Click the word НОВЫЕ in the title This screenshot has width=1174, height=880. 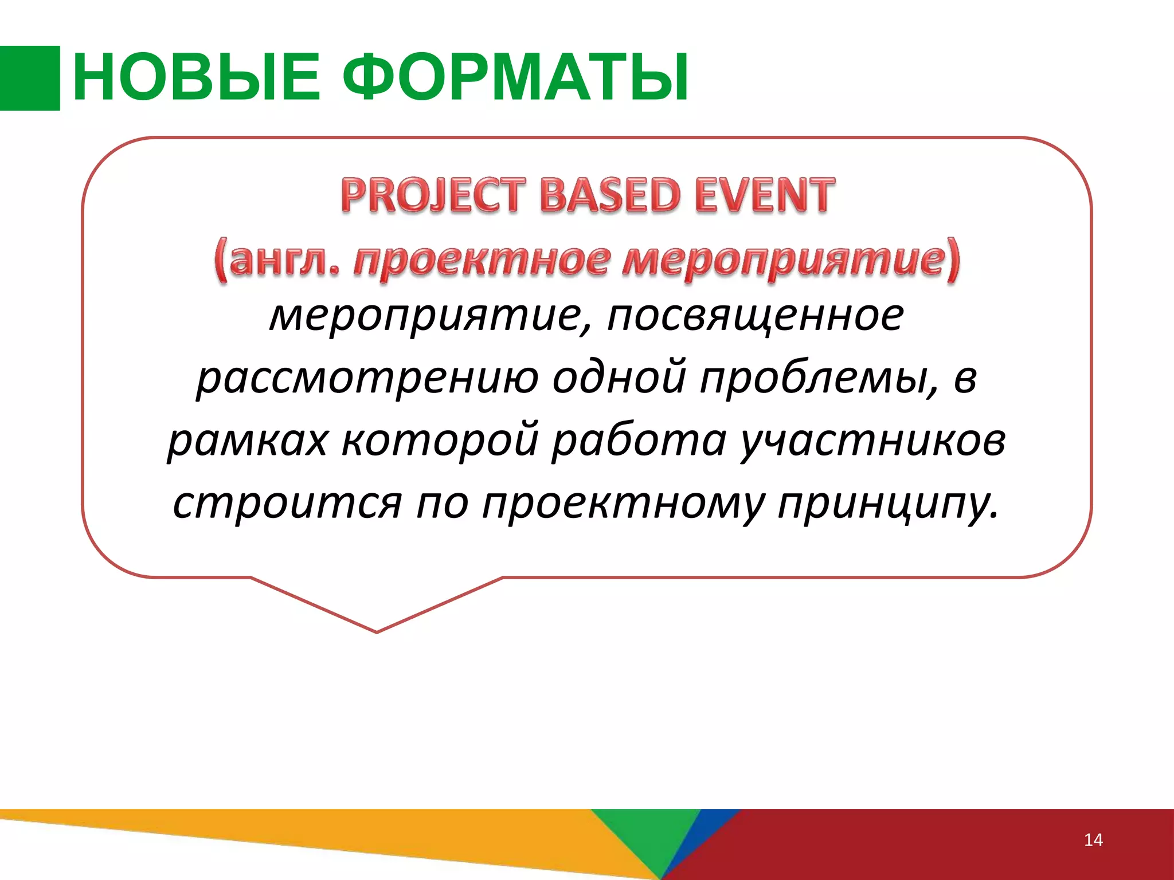(x=196, y=77)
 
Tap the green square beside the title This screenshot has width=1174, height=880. (x=30, y=78)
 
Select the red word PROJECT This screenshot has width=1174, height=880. (x=433, y=195)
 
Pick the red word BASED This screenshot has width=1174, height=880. (x=611, y=195)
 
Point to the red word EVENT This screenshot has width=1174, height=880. (x=765, y=195)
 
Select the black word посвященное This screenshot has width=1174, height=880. (x=755, y=316)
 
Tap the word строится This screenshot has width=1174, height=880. (x=287, y=504)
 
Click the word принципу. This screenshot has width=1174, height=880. (x=889, y=504)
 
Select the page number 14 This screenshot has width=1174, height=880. (x=1093, y=840)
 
